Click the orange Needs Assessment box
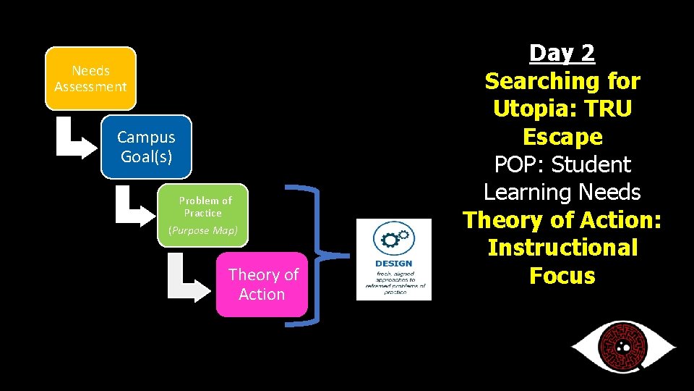pos(90,78)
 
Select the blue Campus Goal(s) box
pos(146,146)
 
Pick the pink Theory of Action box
pos(262,284)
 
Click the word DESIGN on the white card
pos(394,264)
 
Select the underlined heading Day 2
pos(562,53)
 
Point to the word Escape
pos(562,137)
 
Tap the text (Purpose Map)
pos(202,230)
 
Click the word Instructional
pos(562,248)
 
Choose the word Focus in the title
pos(562,275)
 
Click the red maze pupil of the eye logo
pos(623,345)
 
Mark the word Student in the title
pos(591,164)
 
